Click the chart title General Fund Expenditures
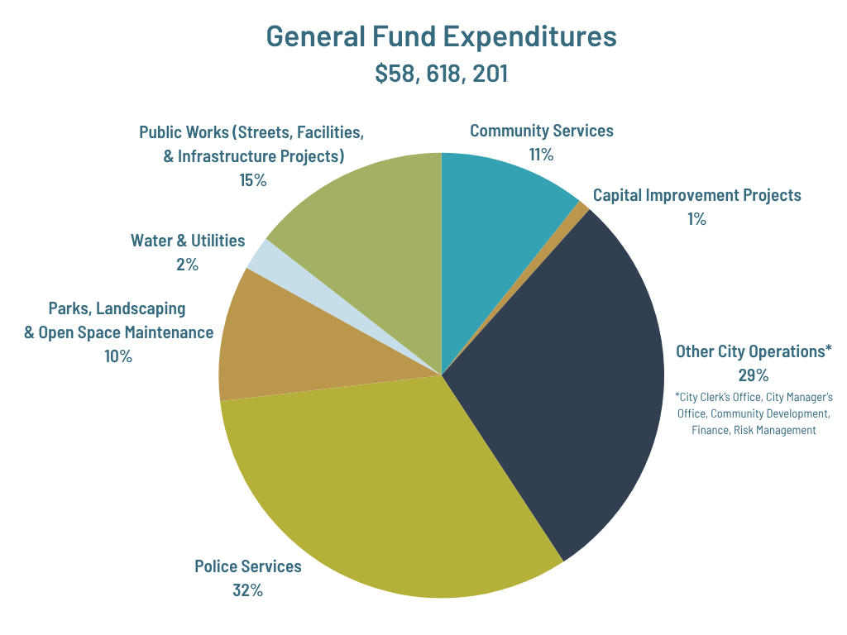(441, 37)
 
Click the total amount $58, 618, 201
(441, 74)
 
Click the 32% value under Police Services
(248, 590)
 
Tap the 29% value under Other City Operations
(754, 375)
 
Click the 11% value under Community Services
(541, 155)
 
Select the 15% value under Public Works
(252, 180)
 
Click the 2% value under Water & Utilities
(187, 265)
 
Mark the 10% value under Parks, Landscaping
(117, 356)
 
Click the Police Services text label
(248, 566)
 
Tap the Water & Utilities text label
(188, 241)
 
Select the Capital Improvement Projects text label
(696, 195)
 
